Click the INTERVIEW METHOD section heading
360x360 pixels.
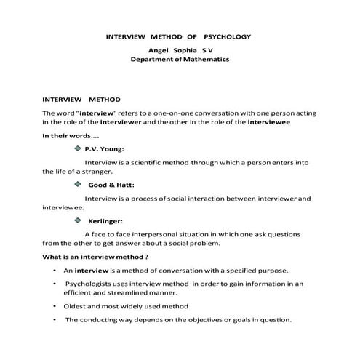coord(81,99)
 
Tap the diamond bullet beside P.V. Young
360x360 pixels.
coord(77,148)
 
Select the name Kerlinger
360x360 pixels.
coord(105,220)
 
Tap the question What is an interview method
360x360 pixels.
coord(95,257)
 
